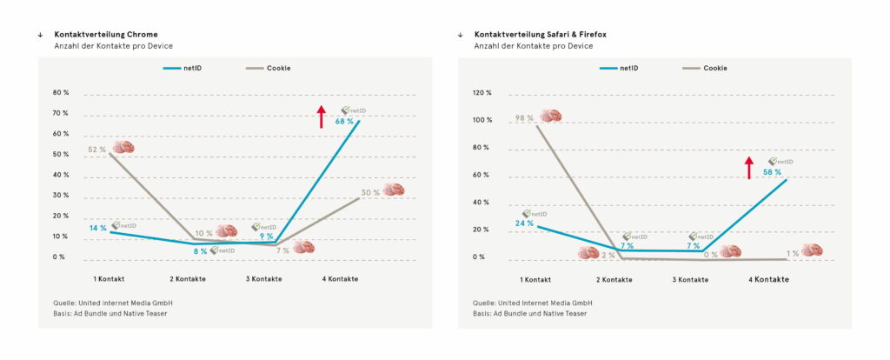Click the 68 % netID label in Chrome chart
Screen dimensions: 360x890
point(344,122)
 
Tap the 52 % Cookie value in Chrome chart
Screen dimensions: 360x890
point(96,150)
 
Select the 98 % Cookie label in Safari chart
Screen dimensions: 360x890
point(523,117)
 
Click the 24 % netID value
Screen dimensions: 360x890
point(523,223)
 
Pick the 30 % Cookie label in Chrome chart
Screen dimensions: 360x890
point(370,192)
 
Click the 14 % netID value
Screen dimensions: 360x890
point(97,228)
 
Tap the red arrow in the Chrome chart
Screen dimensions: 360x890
point(321,116)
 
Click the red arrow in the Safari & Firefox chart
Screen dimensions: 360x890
point(748,167)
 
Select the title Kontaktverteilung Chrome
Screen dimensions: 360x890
point(106,34)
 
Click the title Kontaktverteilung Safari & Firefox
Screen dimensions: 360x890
point(540,34)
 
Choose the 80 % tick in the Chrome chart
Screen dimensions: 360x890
point(60,93)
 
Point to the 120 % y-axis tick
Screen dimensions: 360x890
point(482,93)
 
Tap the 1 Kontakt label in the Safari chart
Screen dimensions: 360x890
point(535,279)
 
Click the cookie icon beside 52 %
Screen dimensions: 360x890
point(123,148)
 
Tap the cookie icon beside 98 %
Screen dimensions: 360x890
point(550,116)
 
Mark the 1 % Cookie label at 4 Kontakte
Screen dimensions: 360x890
point(792,253)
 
